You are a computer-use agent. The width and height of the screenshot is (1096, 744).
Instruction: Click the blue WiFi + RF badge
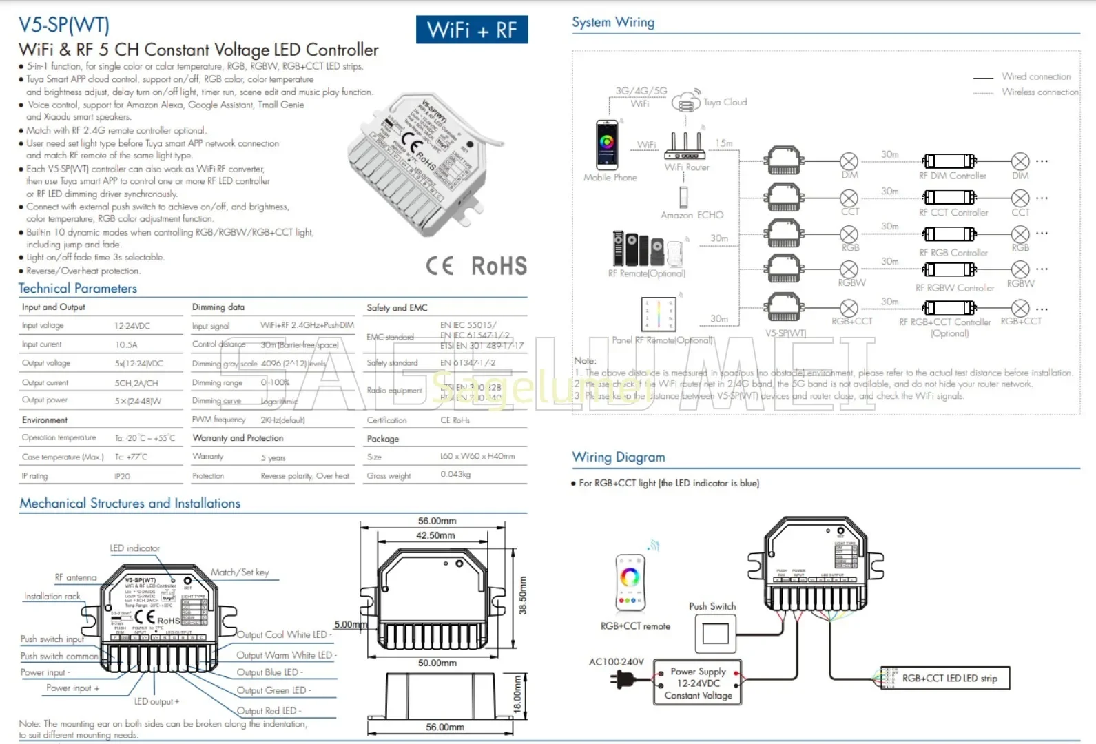pos(472,30)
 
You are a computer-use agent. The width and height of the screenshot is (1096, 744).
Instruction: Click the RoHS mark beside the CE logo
pos(499,266)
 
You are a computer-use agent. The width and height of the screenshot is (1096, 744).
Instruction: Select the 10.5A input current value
pos(126,344)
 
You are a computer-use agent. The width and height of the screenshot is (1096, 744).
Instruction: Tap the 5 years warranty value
pos(273,457)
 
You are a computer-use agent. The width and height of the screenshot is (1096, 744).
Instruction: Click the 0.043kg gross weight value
pos(455,475)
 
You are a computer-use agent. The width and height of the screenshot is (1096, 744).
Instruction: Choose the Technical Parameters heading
pos(78,289)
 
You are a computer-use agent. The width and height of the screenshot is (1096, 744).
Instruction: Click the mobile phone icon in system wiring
pos(607,144)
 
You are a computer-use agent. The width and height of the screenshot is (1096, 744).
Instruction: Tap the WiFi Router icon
pos(685,146)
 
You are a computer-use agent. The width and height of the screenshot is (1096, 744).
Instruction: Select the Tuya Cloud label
pos(725,102)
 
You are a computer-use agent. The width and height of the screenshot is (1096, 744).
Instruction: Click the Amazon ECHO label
pos(692,215)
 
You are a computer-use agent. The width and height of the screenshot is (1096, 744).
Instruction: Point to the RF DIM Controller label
pos(952,176)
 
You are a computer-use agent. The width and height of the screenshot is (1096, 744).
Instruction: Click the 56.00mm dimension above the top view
pos(437,521)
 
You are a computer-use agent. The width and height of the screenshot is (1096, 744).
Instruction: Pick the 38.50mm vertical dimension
pos(522,595)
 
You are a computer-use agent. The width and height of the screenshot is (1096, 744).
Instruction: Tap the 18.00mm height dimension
pos(518,696)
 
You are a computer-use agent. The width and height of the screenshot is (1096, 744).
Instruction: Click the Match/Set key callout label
pos(240,572)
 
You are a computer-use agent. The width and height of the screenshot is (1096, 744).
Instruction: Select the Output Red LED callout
pos(269,710)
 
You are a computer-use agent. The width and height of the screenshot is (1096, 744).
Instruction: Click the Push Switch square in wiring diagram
pos(715,633)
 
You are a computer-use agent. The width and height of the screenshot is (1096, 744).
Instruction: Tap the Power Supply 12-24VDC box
pos(698,683)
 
